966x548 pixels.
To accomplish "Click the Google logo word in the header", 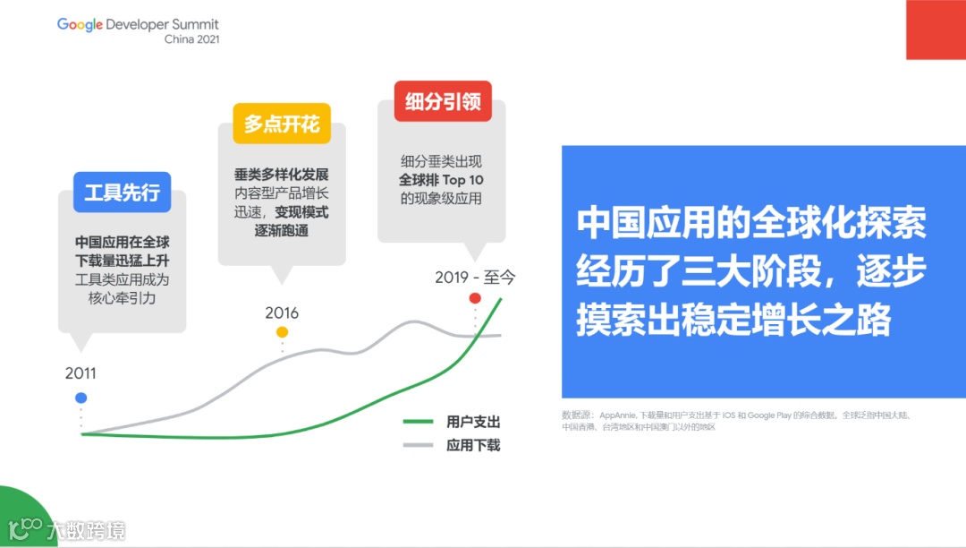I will tap(80, 24).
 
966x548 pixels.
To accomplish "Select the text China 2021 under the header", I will tap(191, 39).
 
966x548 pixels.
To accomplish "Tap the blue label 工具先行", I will tap(122, 193).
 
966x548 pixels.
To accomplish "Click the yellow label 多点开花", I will tap(282, 124).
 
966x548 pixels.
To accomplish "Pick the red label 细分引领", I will tap(443, 102).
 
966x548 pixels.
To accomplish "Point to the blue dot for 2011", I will tap(81, 398).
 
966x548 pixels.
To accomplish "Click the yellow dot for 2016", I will tap(282, 332).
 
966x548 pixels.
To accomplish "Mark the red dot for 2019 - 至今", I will tap(475, 298).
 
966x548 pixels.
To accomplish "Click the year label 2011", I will tap(80, 373).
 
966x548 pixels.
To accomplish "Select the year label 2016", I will tap(282, 313).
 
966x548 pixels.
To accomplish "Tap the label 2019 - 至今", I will tap(475, 278).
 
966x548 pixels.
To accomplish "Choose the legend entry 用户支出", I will tap(473, 423).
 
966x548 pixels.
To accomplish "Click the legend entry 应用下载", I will tap(473, 445).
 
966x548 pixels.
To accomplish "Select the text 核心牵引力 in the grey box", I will tap(123, 297).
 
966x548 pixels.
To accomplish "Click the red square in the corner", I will tap(936, 30).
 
